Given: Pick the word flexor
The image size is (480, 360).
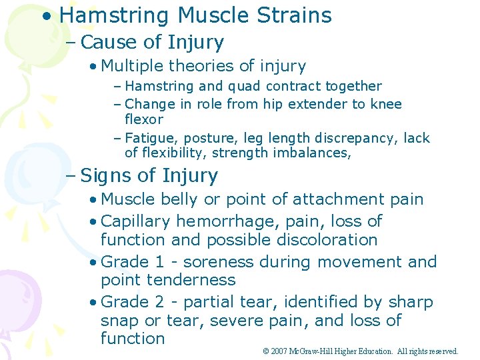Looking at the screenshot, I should pyautogui.click(x=144, y=120).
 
